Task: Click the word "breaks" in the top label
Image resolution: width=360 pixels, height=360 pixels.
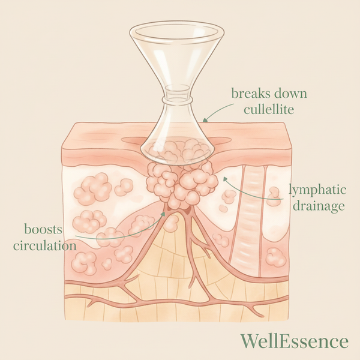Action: (248, 94)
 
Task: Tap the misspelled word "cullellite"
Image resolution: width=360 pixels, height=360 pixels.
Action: (269, 110)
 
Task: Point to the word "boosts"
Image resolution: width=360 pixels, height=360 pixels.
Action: (43, 229)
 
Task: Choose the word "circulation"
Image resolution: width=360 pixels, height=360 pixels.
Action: (45, 245)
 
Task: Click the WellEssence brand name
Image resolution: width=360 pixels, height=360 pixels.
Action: (295, 341)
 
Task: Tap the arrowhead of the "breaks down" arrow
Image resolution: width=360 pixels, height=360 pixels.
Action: (205, 119)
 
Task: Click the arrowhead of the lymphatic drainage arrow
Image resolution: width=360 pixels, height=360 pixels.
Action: (225, 179)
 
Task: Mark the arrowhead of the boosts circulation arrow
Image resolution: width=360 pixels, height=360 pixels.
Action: (163, 214)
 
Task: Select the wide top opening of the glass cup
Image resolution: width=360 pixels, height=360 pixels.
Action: (176, 32)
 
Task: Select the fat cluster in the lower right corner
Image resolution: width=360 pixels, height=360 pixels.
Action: (276, 257)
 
